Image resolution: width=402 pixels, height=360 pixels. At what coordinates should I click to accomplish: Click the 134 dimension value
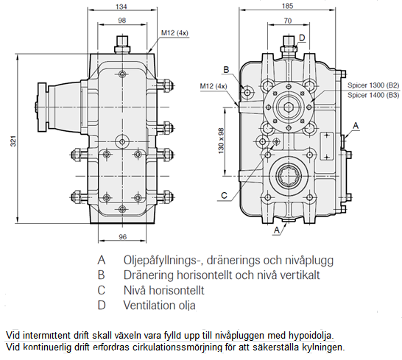point(121,7)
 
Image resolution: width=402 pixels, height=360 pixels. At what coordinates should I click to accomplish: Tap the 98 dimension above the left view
point(122,20)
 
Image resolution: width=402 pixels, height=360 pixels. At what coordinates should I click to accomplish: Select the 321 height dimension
point(13,141)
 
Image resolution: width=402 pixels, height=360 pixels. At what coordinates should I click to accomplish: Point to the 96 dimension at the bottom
point(122,236)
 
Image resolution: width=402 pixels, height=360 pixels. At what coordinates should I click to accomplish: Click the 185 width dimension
point(287,6)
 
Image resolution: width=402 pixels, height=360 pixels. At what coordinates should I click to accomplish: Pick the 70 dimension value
point(288,21)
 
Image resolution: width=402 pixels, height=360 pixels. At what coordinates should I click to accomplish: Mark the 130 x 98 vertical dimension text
point(221,141)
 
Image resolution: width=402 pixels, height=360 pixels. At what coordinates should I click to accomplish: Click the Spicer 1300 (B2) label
point(373,85)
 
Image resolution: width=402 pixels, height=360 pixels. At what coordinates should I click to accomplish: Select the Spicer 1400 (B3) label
point(373,95)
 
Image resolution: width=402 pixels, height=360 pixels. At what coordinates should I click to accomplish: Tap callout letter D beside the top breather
point(302,38)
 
